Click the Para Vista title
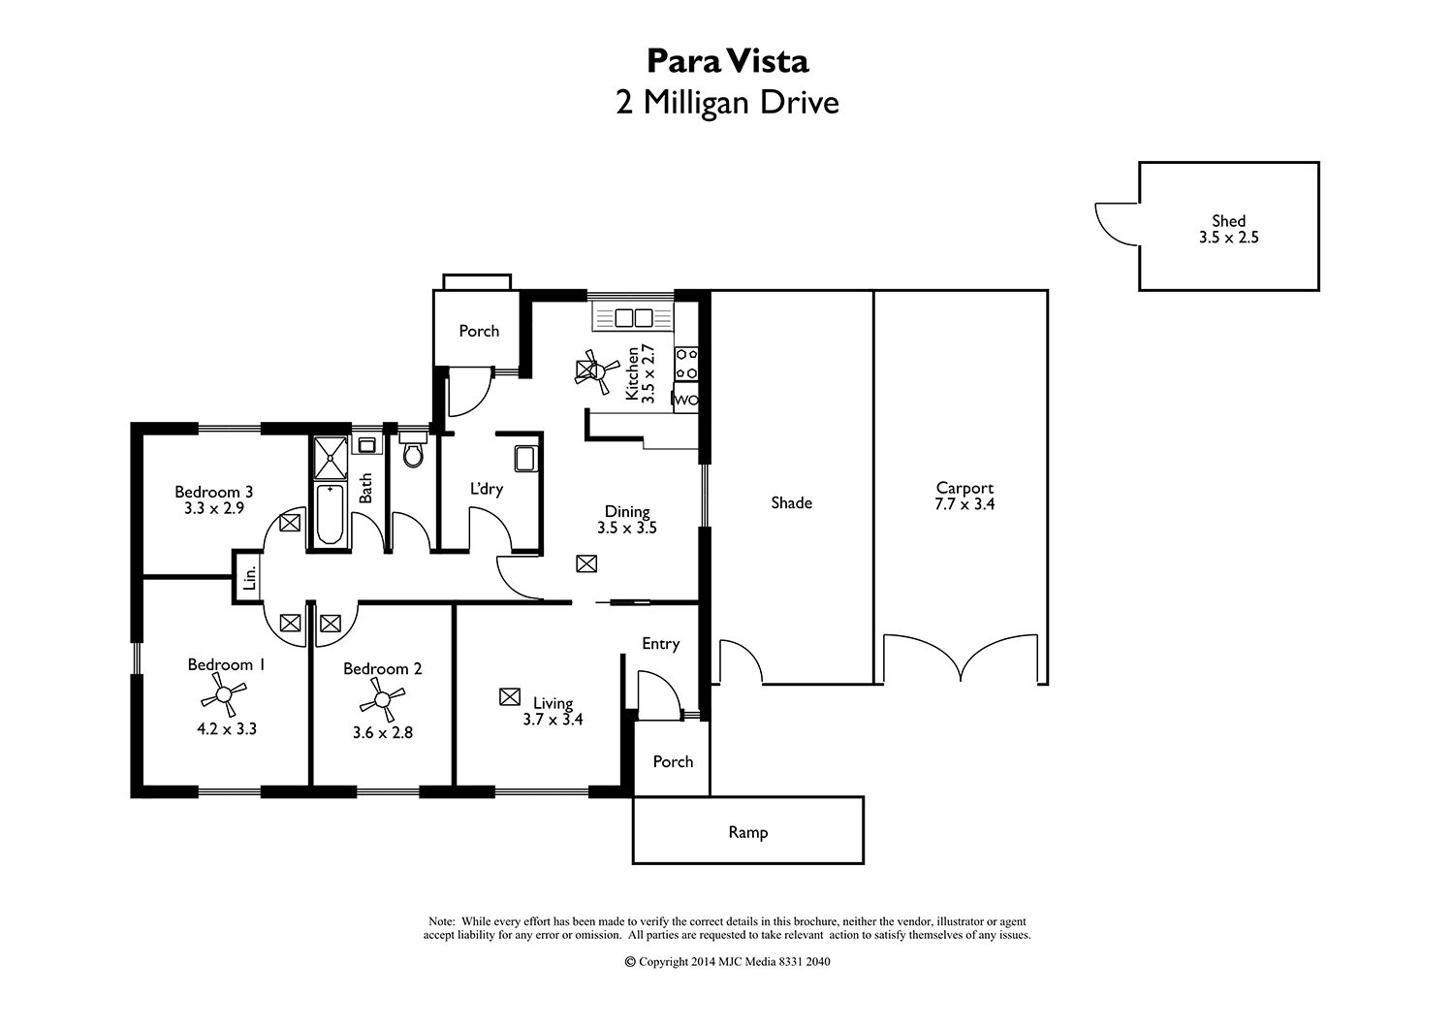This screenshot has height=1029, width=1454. point(727,61)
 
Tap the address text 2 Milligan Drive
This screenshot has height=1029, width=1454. point(727,102)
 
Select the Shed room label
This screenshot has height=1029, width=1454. point(1228,221)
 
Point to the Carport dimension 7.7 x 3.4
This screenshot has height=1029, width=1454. point(964,504)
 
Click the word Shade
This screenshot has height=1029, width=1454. point(791,502)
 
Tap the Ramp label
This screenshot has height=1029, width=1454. point(747,832)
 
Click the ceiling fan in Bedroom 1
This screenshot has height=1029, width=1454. point(224,694)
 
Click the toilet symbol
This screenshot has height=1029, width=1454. point(412,453)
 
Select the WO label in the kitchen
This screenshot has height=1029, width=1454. point(685,400)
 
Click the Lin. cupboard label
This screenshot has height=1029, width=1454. point(249,579)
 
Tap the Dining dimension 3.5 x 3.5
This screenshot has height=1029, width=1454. point(627,529)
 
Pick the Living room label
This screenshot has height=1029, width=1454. point(553,703)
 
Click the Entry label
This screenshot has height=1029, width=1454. point(660,644)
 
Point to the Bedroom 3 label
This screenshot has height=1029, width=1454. point(213,492)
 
